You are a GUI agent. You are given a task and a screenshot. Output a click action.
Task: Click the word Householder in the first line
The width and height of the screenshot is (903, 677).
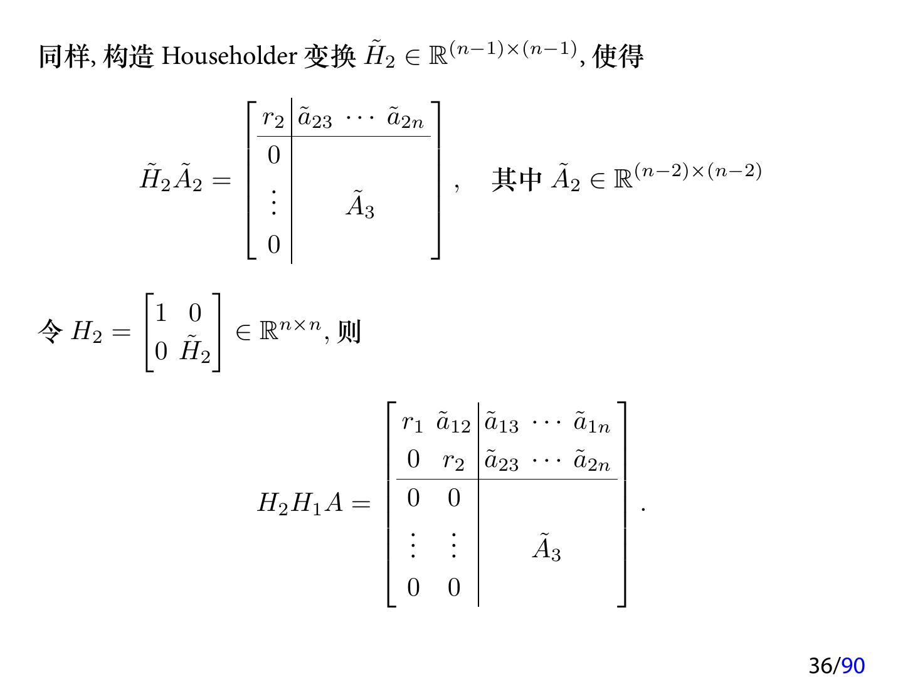(x=229, y=56)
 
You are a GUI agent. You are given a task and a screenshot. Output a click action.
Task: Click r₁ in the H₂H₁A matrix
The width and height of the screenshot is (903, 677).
(x=412, y=423)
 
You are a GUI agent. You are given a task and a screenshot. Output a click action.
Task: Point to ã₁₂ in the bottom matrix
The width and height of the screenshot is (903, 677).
(x=453, y=423)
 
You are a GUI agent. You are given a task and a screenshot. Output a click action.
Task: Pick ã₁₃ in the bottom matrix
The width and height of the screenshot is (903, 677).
(x=501, y=423)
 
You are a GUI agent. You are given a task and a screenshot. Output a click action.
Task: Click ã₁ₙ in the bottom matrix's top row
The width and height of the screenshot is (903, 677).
(x=591, y=423)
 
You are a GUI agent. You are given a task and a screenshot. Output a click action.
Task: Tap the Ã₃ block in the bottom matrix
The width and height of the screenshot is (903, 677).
(x=547, y=547)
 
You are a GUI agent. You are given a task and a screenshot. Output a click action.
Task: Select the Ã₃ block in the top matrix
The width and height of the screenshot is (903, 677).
(x=360, y=205)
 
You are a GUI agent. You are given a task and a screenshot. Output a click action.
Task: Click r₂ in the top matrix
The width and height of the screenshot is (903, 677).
(x=273, y=118)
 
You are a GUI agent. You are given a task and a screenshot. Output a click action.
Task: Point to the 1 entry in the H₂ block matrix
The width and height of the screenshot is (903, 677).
(x=161, y=313)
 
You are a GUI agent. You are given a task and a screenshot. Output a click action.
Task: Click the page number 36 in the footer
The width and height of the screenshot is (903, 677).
(x=821, y=665)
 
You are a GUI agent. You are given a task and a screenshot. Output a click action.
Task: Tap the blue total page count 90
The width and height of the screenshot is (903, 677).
(x=853, y=665)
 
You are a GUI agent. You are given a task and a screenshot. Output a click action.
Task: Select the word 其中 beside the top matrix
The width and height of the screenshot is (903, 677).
(x=517, y=180)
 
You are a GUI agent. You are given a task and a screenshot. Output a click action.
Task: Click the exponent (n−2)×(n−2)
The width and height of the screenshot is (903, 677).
(x=698, y=171)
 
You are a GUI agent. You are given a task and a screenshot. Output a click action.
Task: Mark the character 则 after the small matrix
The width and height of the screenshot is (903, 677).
(x=349, y=332)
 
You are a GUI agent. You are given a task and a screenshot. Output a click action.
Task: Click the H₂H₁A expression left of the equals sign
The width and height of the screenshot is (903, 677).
(x=300, y=503)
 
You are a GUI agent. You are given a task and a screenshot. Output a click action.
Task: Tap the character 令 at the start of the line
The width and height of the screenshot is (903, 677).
(x=50, y=331)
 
